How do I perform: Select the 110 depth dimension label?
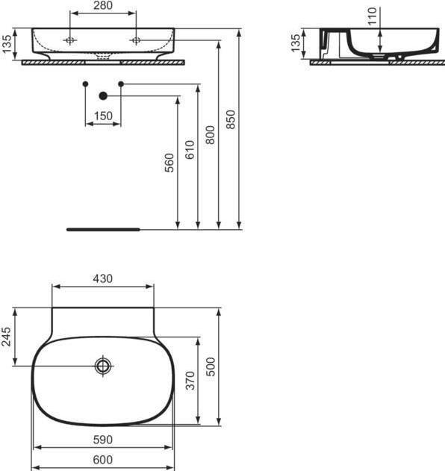point(373,16)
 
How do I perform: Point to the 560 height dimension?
point(169,163)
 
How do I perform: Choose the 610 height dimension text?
point(189,151)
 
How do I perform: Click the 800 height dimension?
point(210,134)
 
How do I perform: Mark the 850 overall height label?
point(231,118)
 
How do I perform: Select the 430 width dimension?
point(102,278)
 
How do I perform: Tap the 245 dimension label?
point(7,337)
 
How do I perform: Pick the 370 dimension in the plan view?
point(189,380)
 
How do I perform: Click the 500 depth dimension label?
point(211,366)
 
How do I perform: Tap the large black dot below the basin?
point(103,96)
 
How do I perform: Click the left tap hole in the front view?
point(69,40)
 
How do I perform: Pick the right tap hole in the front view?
point(136,40)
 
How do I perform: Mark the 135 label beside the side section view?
point(296,44)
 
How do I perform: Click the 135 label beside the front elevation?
point(7,44)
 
